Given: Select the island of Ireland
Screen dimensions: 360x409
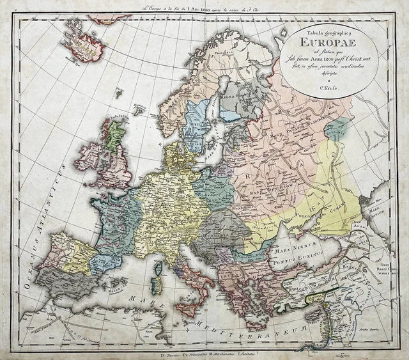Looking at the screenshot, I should [x=89, y=156].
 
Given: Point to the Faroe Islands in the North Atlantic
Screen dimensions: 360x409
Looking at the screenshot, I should [x=118, y=93].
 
